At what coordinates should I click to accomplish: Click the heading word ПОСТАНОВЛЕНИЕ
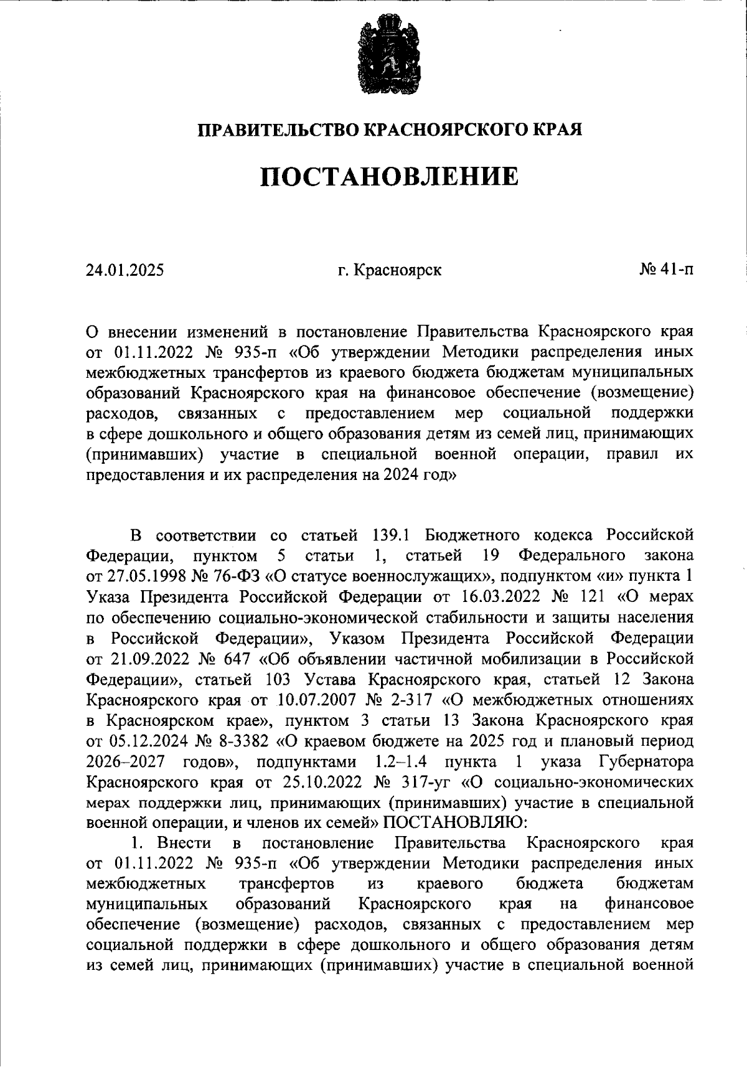(x=389, y=177)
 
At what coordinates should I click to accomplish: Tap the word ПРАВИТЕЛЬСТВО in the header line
(x=278, y=129)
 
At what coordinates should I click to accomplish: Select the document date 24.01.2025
(x=125, y=270)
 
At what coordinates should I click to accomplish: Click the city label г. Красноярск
(x=390, y=270)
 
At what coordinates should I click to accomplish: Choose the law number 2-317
(x=410, y=700)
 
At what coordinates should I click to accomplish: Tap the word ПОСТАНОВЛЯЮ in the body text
(x=455, y=822)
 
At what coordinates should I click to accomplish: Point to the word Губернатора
(x=646, y=761)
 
